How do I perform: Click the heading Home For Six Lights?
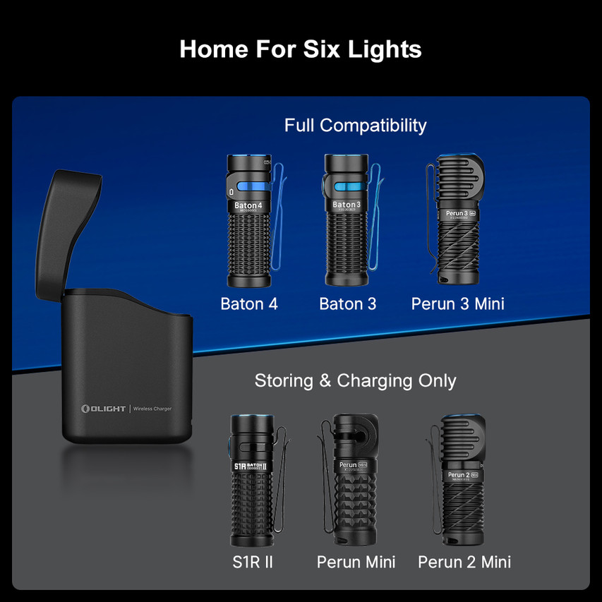(x=301, y=49)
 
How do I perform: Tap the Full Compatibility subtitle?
(x=355, y=126)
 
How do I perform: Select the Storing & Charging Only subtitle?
(x=355, y=381)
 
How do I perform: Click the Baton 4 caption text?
(x=249, y=304)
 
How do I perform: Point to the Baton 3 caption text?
(x=347, y=304)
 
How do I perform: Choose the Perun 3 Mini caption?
(x=457, y=304)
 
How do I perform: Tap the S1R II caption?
(x=252, y=562)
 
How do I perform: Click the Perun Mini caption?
(x=356, y=562)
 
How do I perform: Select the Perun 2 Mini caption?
(x=464, y=562)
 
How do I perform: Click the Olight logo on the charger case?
(x=103, y=409)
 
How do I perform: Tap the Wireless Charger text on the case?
(x=152, y=409)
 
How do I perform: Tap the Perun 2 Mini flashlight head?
(x=464, y=438)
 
